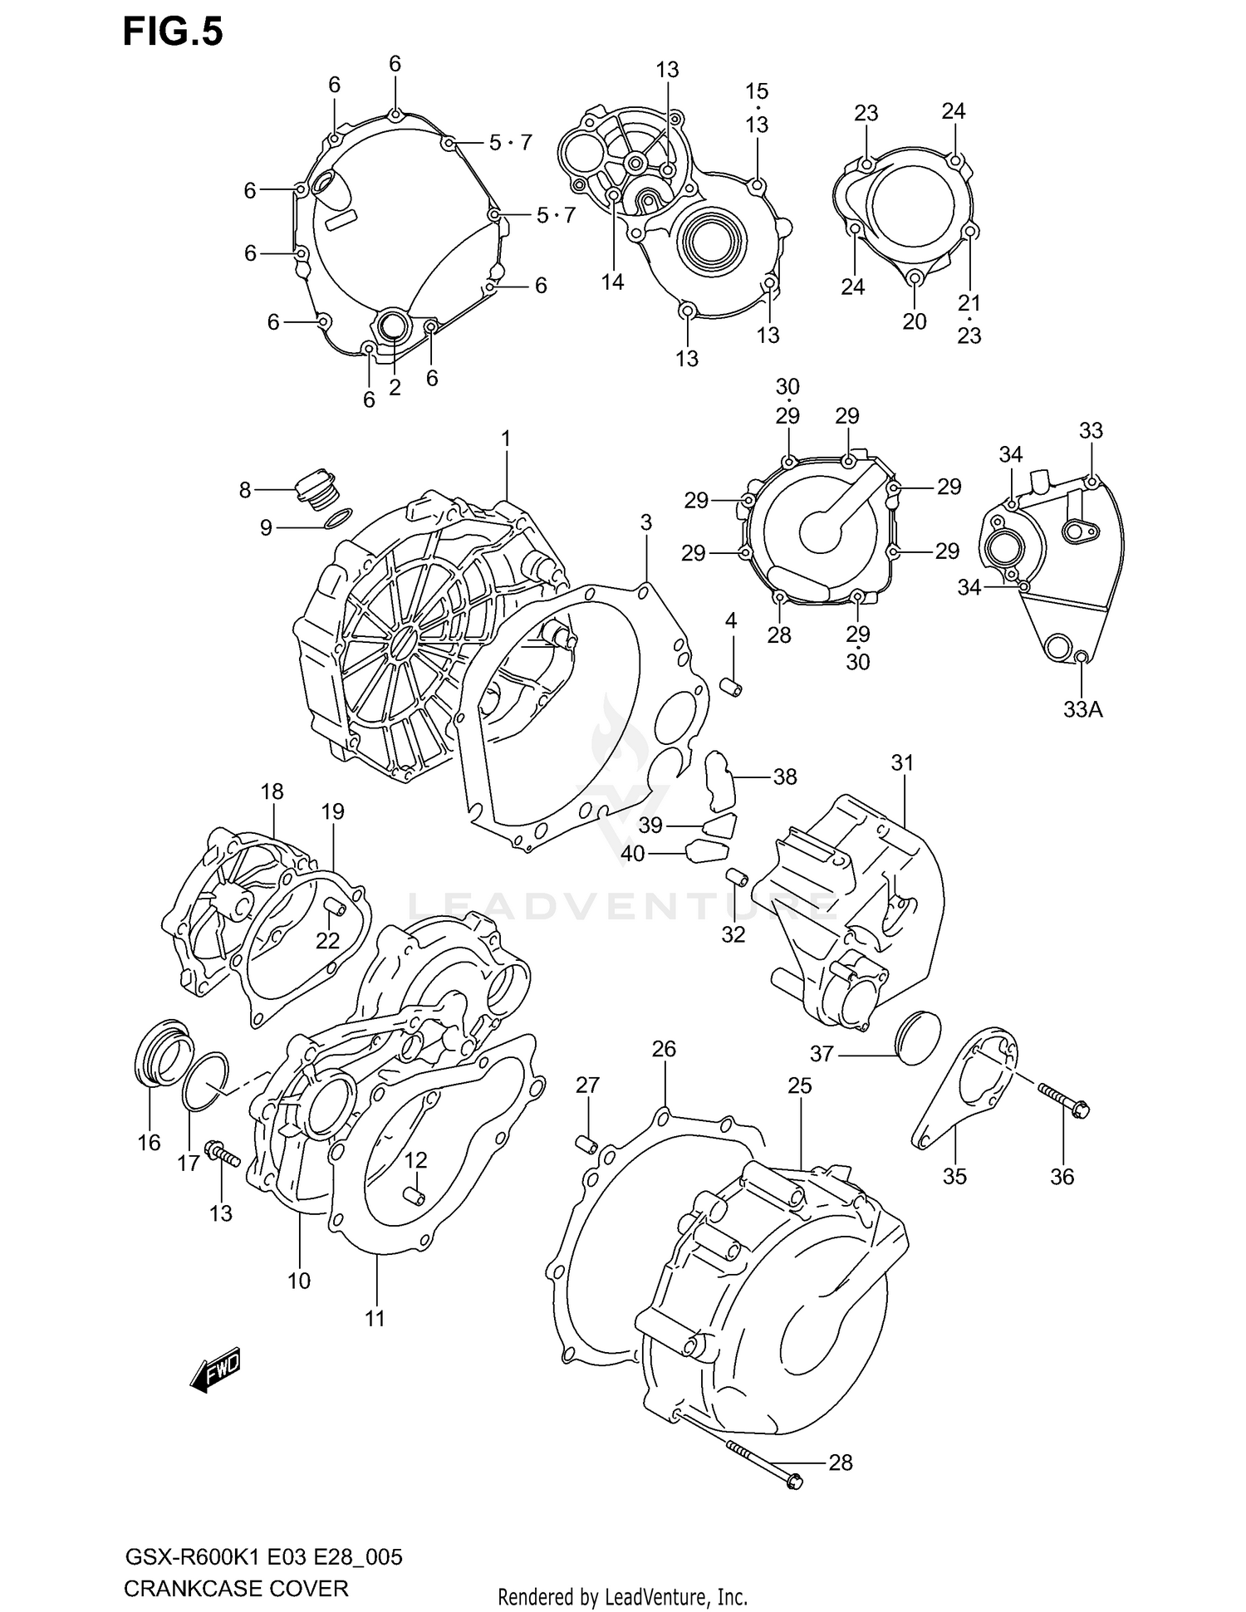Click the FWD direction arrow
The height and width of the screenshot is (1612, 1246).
[x=215, y=1368]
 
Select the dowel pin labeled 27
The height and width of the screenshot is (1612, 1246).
[x=587, y=1144]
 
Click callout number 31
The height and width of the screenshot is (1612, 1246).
[x=902, y=762]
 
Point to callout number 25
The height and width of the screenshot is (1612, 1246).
[x=799, y=1085]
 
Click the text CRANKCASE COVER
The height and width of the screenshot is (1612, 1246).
[x=236, y=1590]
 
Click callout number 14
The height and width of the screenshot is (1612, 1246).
[x=612, y=282]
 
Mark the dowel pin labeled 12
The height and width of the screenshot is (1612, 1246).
[x=414, y=1196]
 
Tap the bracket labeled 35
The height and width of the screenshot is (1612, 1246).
[x=964, y=1088]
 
